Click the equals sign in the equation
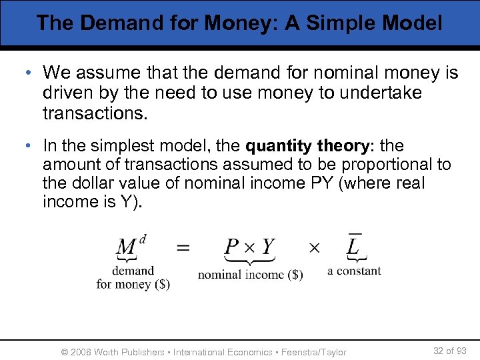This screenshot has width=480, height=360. (182, 248)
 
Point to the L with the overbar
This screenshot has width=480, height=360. (354, 245)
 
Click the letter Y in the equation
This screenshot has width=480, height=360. (267, 247)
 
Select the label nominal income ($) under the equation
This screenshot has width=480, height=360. (250, 275)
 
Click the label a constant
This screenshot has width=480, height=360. (354, 271)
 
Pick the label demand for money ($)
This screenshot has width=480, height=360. (133, 277)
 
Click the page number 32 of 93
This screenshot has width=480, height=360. (450, 351)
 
